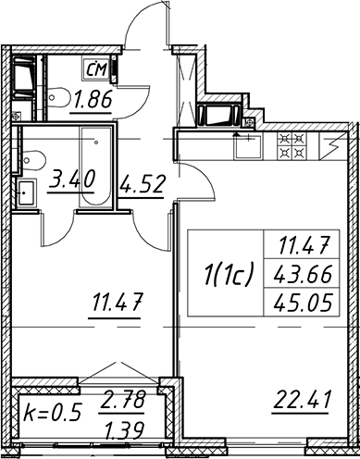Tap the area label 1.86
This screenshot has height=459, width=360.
click(92, 100)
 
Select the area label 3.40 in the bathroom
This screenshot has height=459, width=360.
click(71, 180)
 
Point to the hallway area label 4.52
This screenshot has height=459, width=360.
click(142, 184)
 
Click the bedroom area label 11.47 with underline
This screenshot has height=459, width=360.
click(116, 303)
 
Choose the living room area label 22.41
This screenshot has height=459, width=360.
click(301, 400)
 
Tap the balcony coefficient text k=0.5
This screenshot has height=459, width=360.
click(53, 413)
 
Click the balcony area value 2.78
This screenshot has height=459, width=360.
click(121, 401)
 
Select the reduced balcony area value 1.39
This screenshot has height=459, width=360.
click(124, 430)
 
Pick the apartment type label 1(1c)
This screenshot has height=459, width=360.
click(229, 273)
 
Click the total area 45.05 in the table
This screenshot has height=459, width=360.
click(303, 303)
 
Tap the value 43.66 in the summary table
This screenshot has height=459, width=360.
click(303, 274)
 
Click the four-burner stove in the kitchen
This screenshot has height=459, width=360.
click(292, 146)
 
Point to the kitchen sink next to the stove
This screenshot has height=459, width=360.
click(247, 147)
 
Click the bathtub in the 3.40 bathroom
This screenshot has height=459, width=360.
click(95, 167)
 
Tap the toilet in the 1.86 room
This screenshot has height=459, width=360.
click(58, 98)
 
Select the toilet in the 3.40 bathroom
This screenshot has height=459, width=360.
click(33, 161)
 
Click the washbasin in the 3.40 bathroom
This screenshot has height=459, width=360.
click(26, 193)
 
